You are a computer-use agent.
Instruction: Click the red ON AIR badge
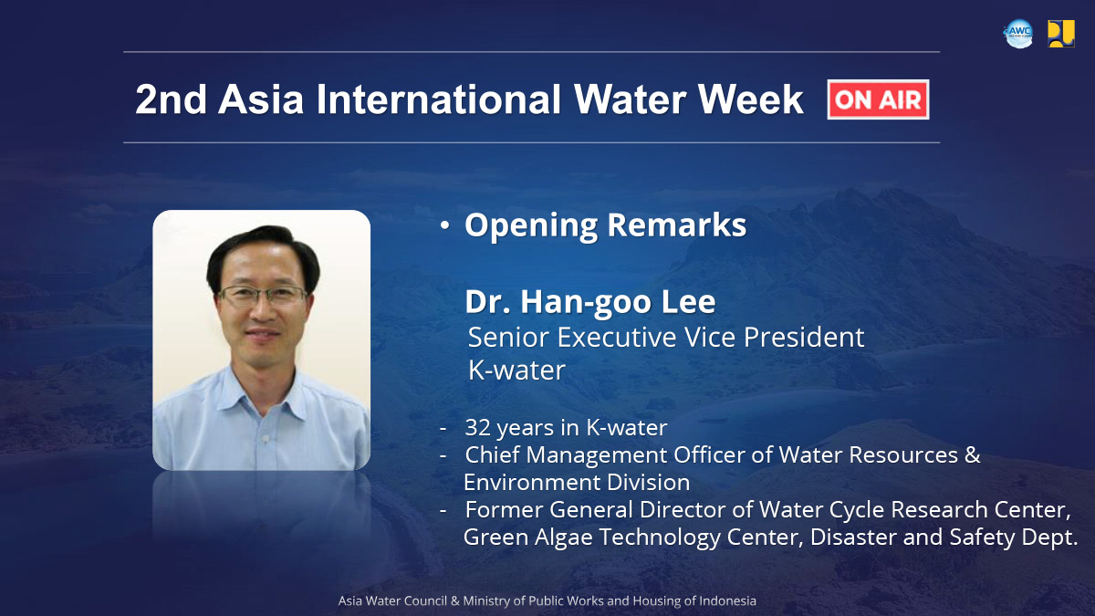click(878, 99)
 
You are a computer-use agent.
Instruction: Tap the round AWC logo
click(1018, 33)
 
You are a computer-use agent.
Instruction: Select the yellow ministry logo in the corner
click(1060, 33)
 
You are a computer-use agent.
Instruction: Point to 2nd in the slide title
click(171, 99)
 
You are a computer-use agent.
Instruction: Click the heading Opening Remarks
click(605, 225)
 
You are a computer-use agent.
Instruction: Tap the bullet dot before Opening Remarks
click(444, 225)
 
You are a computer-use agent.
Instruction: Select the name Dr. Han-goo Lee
click(590, 302)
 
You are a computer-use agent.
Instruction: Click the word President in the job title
click(804, 337)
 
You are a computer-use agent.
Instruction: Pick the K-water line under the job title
click(516, 371)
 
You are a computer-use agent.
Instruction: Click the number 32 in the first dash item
click(477, 427)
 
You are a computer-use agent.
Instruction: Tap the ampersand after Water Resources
click(973, 454)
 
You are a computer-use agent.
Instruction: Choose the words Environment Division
click(577, 483)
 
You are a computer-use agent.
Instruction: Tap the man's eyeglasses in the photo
click(263, 295)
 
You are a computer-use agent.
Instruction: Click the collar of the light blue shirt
click(263, 392)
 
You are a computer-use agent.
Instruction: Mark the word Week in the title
click(751, 99)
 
